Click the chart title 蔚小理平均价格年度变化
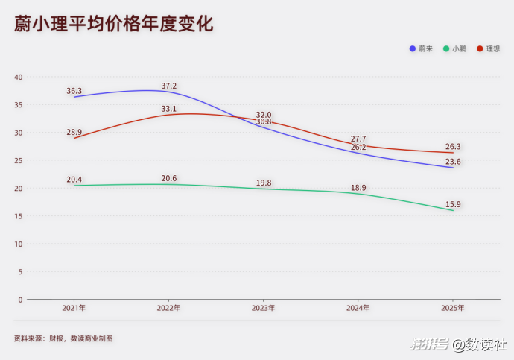click(x=113, y=25)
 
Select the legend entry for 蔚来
click(x=422, y=48)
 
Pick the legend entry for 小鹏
click(x=455, y=48)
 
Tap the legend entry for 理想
click(x=489, y=48)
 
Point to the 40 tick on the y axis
click(x=19, y=78)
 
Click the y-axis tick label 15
click(x=19, y=216)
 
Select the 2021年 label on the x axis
click(x=74, y=308)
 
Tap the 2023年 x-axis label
click(x=263, y=308)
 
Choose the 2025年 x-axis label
click(x=453, y=308)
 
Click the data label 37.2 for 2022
click(x=169, y=86)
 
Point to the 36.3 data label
click(x=74, y=91)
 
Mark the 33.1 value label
click(x=169, y=109)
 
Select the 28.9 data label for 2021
click(x=74, y=132)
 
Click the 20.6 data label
click(x=169, y=179)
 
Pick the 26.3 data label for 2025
click(x=453, y=147)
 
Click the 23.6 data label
click(x=453, y=162)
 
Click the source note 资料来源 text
click(x=63, y=338)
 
